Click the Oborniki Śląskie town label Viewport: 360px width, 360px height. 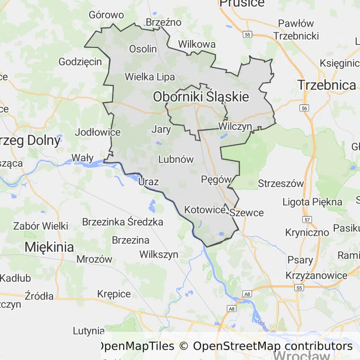click(x=201, y=97)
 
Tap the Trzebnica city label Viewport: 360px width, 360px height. click(x=327, y=85)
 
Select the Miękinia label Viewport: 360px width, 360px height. click(x=49, y=247)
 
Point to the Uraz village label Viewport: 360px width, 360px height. click(x=149, y=182)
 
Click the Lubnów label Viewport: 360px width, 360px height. click(x=176, y=159)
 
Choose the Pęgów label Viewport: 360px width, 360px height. click(x=216, y=179)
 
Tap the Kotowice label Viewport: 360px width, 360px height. click(x=205, y=210)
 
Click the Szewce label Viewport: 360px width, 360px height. click(x=247, y=212)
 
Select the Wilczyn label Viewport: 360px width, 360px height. click(x=235, y=127)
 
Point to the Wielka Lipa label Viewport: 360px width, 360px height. click(x=150, y=77)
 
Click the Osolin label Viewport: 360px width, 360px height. click(x=143, y=49)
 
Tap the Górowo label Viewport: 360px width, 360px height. click(x=106, y=15)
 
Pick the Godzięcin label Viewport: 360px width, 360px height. click(x=80, y=61)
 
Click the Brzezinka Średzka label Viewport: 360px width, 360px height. click(x=122, y=222)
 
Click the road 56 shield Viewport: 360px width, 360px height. click(x=305, y=108)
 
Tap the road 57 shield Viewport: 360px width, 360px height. click(x=307, y=219)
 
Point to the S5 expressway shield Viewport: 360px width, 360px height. click(x=299, y=287)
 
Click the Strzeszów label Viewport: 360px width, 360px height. click(x=281, y=183)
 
